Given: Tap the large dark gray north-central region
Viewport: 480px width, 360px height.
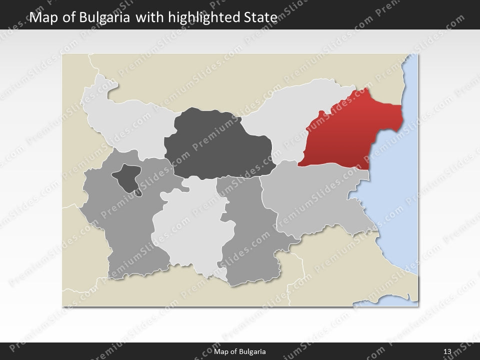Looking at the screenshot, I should [217, 145].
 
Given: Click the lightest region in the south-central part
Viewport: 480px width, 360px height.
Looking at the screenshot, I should [187, 230].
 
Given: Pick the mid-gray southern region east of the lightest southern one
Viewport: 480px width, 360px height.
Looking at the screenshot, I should [247, 235].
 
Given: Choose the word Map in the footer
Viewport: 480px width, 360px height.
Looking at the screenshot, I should [220, 351].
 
